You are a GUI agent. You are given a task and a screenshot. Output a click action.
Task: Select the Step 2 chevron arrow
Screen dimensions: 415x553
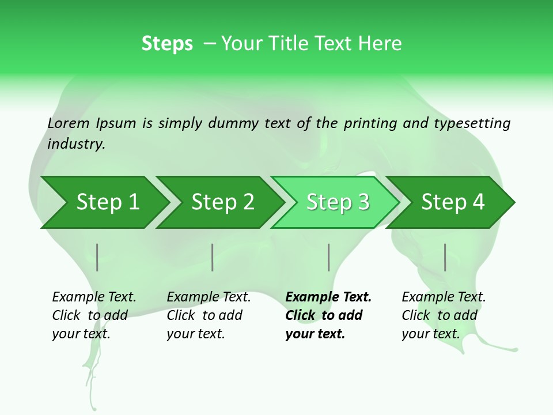222,202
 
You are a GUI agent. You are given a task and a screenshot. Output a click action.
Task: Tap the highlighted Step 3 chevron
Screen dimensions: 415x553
338,202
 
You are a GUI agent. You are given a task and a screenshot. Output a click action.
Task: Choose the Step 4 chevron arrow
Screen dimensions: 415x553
453,202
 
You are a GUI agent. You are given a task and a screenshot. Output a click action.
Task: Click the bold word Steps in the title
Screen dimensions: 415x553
167,44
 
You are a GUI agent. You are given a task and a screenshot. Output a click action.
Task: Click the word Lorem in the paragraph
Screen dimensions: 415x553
68,123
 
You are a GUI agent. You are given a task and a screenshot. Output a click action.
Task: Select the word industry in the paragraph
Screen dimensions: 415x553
76,144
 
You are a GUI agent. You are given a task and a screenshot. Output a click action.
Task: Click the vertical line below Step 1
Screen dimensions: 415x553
97,257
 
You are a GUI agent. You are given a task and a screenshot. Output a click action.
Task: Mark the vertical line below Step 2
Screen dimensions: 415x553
213,257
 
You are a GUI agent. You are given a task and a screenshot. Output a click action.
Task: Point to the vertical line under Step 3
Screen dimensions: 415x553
328,257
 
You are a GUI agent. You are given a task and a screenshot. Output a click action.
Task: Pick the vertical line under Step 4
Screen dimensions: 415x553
445,257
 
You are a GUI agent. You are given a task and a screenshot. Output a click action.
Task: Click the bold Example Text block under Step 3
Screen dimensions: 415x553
328,315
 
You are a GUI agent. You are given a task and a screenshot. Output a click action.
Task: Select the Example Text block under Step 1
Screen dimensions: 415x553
94,315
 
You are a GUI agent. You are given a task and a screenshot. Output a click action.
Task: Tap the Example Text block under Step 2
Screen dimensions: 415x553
209,315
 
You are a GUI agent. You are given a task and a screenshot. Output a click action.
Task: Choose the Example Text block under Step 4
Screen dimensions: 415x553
444,315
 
